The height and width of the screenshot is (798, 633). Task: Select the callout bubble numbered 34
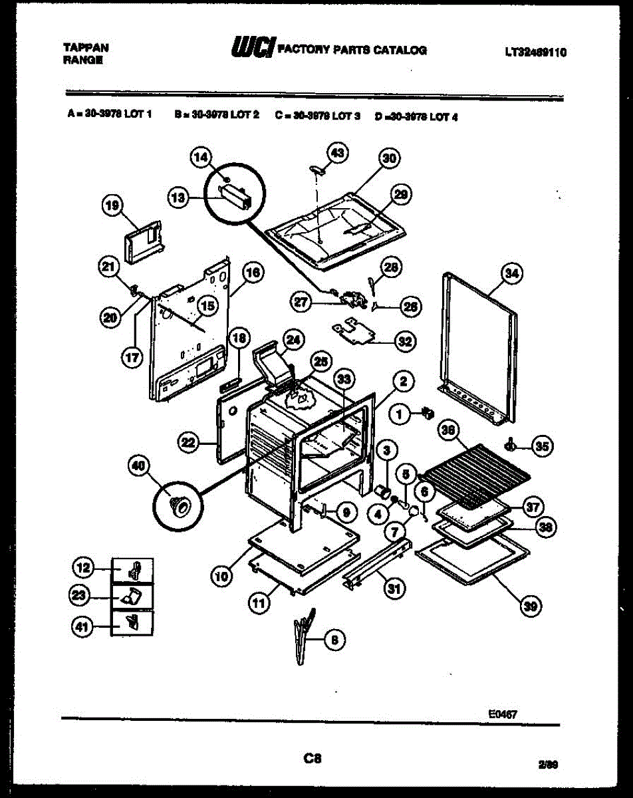coord(513,273)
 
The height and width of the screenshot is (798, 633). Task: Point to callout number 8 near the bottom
coord(335,640)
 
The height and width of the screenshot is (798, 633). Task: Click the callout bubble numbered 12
coord(82,568)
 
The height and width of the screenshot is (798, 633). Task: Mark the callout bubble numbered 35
coord(543,447)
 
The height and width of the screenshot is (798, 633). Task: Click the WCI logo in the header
coord(253,49)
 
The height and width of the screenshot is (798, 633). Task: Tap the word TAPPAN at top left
coord(86,48)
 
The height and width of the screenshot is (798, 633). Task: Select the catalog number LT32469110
coord(535,53)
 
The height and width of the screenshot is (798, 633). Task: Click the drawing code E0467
coord(503,714)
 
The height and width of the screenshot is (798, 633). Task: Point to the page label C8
coord(313,757)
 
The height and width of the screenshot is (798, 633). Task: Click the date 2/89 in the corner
coord(548,765)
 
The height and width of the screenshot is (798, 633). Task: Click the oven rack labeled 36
coord(476,475)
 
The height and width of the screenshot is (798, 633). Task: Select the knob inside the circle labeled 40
coord(178,505)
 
